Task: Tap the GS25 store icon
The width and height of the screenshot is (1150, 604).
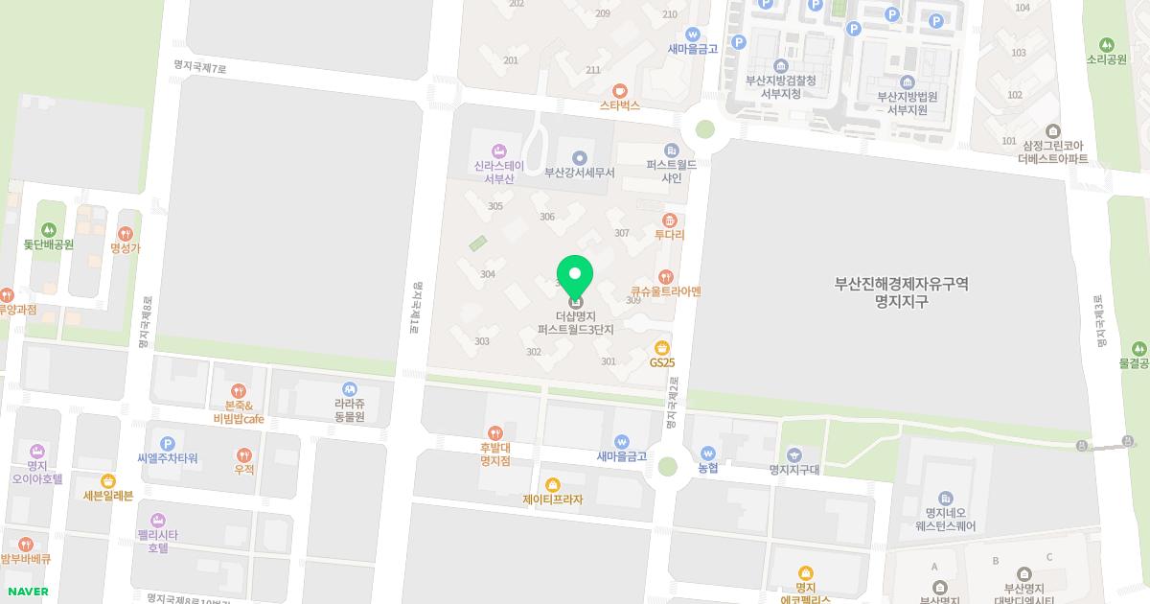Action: (x=661, y=347)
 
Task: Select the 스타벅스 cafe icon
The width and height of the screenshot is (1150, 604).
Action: (x=620, y=90)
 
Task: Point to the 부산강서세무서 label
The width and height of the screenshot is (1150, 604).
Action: (x=579, y=173)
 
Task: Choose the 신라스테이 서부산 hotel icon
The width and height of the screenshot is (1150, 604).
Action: (x=498, y=151)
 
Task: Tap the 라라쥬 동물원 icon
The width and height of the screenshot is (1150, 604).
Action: (x=350, y=389)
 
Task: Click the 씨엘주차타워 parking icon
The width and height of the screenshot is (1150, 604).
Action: (x=168, y=444)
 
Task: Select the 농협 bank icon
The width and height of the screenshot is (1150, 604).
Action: (x=708, y=453)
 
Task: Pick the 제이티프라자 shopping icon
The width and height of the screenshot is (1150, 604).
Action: (x=552, y=485)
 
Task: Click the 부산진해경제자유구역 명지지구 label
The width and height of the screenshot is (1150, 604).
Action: (x=901, y=292)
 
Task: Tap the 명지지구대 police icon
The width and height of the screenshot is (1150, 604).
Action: (x=793, y=454)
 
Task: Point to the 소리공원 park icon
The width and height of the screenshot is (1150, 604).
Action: (x=1107, y=44)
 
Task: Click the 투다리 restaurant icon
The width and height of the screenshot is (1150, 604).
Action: (x=670, y=220)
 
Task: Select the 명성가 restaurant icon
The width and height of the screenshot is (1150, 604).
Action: (x=126, y=233)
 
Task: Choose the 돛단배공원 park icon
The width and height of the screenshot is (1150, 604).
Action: (x=49, y=230)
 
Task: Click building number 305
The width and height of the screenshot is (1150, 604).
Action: (x=495, y=206)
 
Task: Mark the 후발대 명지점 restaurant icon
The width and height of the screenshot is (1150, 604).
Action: (x=494, y=433)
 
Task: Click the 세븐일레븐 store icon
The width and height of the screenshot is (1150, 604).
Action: (x=108, y=480)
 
